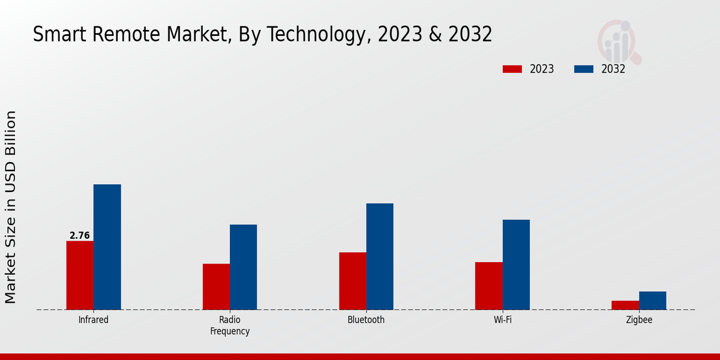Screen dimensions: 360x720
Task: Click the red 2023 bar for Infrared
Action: tap(80, 275)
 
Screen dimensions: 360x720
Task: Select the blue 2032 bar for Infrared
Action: tap(107, 247)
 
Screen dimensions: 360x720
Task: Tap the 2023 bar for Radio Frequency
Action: tap(216, 287)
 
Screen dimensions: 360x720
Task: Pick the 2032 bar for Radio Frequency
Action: tap(243, 267)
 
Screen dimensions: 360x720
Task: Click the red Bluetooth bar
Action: tap(352, 281)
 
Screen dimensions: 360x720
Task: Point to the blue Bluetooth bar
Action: tap(380, 257)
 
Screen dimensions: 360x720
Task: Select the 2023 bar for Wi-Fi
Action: tap(488, 286)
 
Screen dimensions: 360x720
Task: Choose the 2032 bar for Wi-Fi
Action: tap(516, 265)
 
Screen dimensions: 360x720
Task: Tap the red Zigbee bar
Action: tap(625, 305)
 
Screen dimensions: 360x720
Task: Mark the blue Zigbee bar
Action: tap(652, 301)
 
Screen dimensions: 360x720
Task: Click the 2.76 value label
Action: tap(80, 236)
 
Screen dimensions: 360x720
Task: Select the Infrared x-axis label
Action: tap(94, 320)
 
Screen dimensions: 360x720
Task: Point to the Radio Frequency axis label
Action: tap(230, 325)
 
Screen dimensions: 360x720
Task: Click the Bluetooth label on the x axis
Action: tap(366, 320)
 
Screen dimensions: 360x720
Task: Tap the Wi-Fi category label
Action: tap(503, 320)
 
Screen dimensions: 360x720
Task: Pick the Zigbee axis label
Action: tap(639, 320)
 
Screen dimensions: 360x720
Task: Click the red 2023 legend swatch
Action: tap(512, 69)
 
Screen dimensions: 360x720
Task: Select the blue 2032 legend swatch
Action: tap(583, 69)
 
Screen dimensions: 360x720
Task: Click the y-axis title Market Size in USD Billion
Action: tap(11, 207)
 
